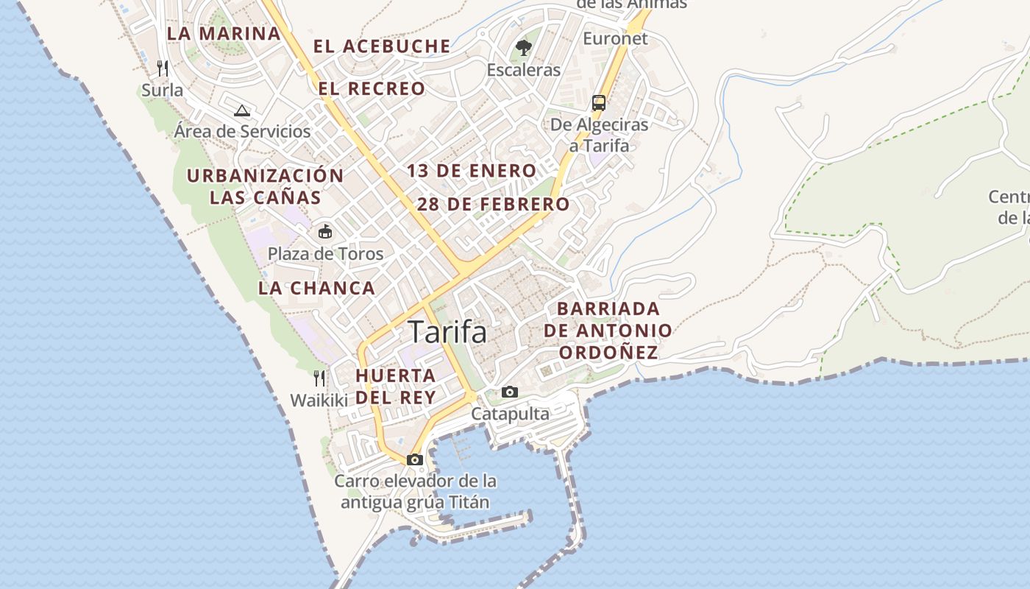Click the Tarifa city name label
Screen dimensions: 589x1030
(x=447, y=332)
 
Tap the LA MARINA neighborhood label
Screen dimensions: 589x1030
(x=224, y=33)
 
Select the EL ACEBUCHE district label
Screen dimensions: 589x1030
(x=382, y=46)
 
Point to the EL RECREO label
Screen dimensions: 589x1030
(x=372, y=89)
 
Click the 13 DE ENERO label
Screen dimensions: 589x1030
(x=472, y=171)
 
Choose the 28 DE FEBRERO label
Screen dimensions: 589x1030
(x=493, y=204)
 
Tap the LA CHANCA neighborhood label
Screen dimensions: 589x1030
(x=316, y=288)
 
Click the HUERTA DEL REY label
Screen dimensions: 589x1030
(x=396, y=386)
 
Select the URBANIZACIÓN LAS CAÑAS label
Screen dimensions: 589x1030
(x=265, y=186)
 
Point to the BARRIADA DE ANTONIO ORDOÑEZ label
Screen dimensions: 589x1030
(x=608, y=331)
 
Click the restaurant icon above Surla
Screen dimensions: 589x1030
(x=163, y=68)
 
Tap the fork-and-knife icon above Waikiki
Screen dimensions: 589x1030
(x=319, y=378)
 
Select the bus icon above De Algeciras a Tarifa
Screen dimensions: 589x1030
(x=599, y=102)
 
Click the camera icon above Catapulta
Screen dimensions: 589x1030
(x=509, y=392)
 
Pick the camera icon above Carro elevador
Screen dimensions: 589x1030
(x=415, y=459)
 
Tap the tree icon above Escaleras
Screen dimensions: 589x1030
(x=524, y=48)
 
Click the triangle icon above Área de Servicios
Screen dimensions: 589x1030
(x=241, y=110)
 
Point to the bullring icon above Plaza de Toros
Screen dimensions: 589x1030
(x=324, y=232)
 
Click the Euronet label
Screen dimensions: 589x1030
(x=615, y=38)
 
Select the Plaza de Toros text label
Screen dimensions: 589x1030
(x=325, y=254)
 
